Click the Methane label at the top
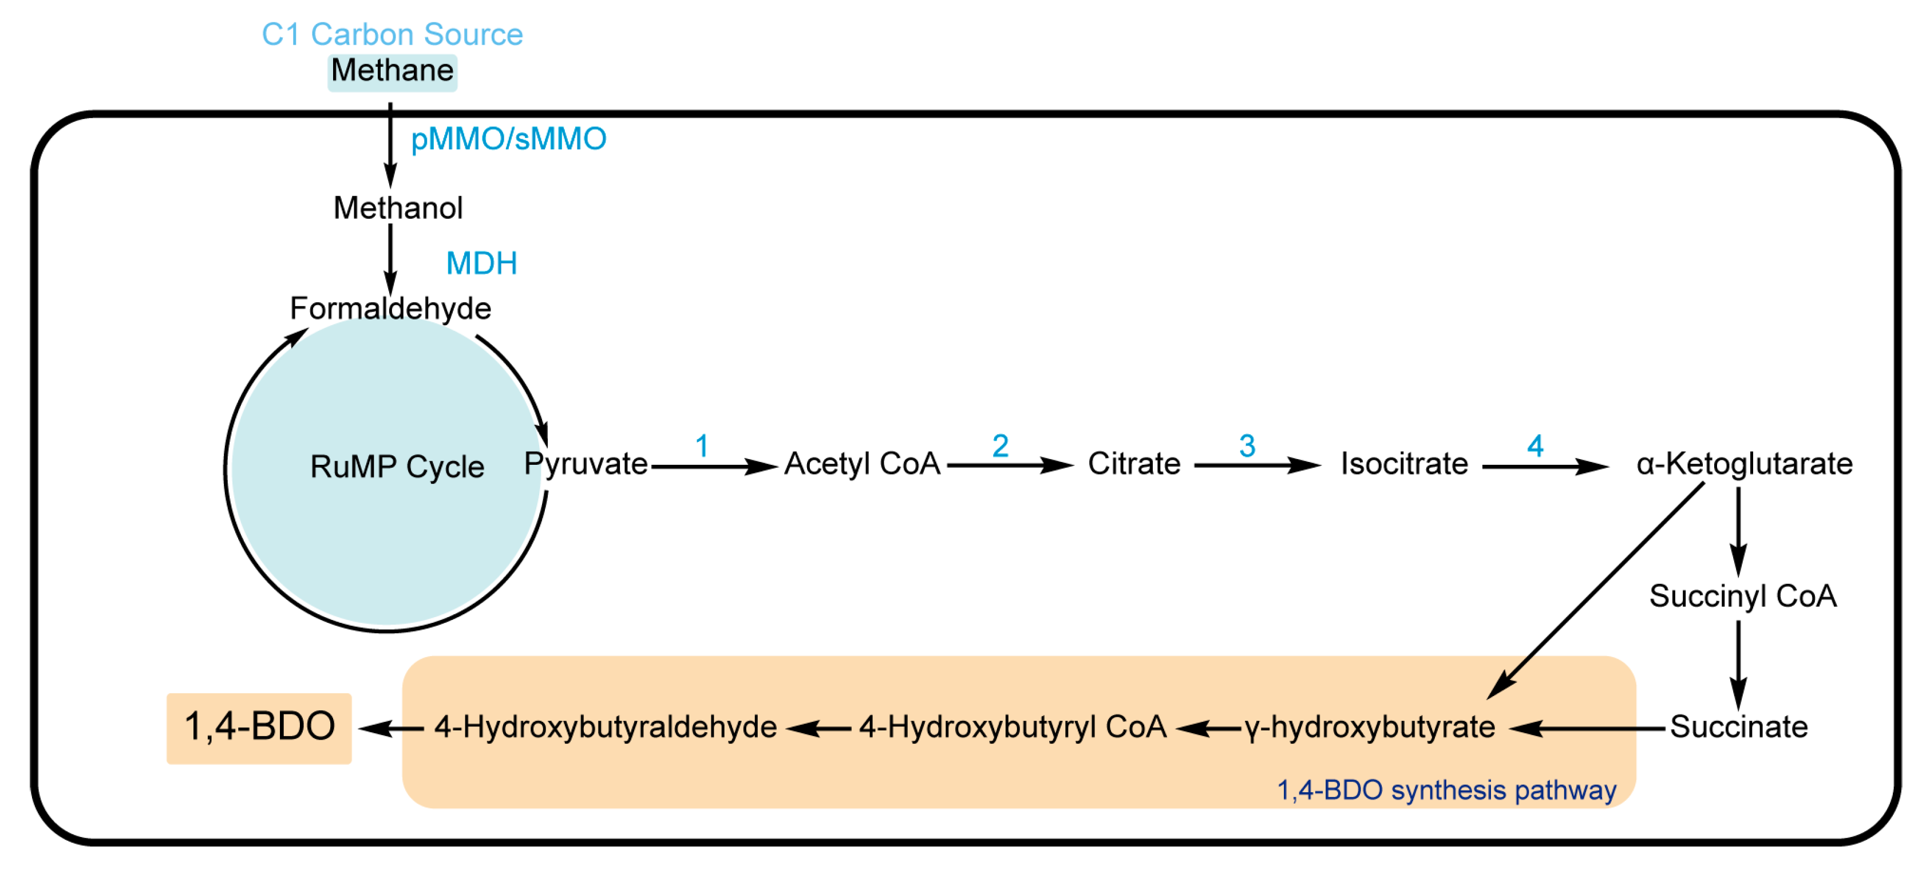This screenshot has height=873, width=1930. pos(392,71)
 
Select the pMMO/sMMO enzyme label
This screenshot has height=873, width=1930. pos(508,139)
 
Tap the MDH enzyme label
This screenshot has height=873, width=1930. pos(481,264)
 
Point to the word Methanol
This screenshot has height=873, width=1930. pos(398,208)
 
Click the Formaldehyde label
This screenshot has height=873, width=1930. pos(390,309)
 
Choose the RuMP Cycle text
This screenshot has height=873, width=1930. pos(397,467)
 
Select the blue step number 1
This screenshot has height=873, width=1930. pos(701,447)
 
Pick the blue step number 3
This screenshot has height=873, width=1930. pos(1247,447)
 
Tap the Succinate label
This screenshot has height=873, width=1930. pos(1738,727)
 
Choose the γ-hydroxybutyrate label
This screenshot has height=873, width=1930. pos(1370,727)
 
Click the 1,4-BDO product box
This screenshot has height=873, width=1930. pos(259,727)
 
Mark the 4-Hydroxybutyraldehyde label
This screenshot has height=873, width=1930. pos(606,727)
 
